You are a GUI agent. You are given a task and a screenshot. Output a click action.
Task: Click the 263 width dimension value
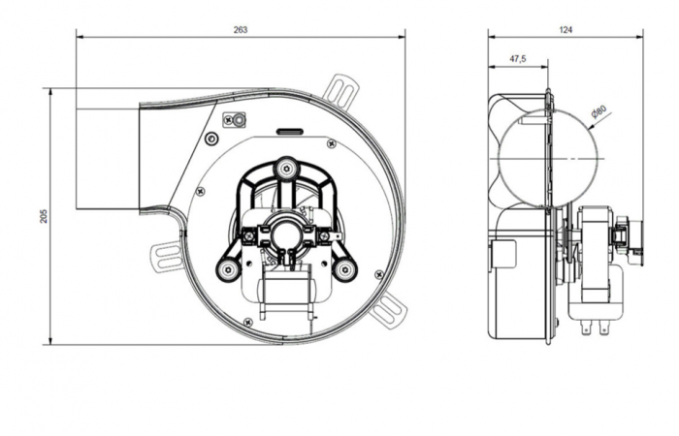[x=241, y=29]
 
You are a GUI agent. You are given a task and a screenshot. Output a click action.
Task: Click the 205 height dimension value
[x=45, y=216]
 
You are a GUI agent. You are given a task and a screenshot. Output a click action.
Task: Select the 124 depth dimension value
[x=566, y=29]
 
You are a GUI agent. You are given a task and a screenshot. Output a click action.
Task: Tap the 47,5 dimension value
[x=517, y=59]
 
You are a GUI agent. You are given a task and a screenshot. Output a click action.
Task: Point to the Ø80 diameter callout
[x=598, y=111]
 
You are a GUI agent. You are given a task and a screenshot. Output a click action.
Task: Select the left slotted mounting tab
[x=168, y=257]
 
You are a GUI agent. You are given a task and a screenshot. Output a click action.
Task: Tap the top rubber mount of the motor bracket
[x=285, y=169]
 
